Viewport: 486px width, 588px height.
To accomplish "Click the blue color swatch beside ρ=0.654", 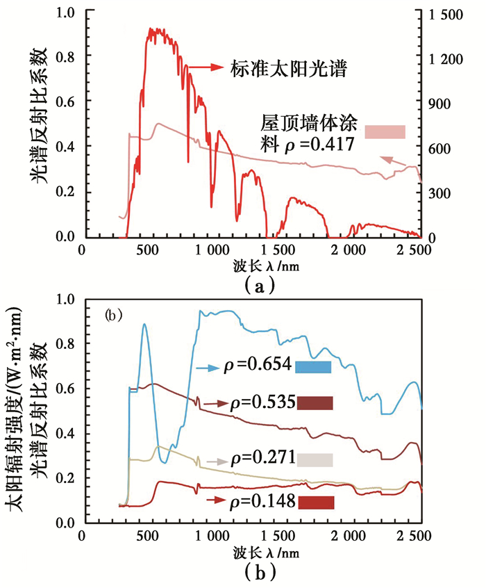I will pyautogui.click(x=314, y=366).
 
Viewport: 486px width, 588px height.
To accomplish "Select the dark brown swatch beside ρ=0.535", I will pyautogui.click(x=315, y=402).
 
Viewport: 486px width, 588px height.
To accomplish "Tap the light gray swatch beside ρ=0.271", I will pyautogui.click(x=315, y=459).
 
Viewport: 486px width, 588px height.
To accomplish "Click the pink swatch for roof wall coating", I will pyautogui.click(x=385, y=131).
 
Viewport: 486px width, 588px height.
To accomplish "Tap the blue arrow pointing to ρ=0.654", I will pyautogui.click(x=208, y=367).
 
